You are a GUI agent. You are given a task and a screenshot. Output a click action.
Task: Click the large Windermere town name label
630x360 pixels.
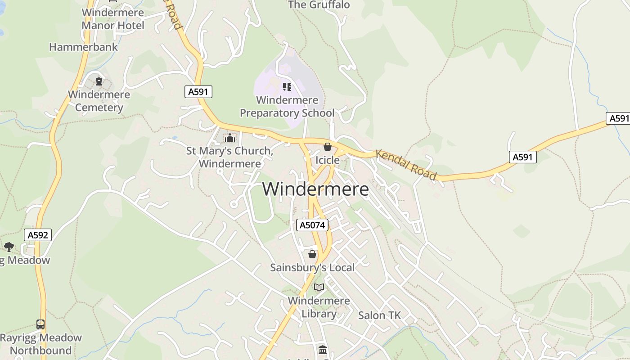click(315, 189)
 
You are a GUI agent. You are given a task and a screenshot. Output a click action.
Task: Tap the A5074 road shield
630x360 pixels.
click(312, 225)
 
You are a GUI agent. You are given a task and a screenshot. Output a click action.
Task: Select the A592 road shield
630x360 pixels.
click(38, 234)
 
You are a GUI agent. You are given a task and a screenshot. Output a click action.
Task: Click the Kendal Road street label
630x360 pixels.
click(406, 165)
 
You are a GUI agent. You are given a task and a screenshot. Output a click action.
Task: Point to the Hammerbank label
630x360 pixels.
click(83, 47)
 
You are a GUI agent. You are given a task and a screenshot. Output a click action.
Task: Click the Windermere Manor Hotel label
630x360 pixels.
click(112, 19)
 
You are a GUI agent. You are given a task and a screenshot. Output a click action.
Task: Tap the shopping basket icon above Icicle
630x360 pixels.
click(328, 147)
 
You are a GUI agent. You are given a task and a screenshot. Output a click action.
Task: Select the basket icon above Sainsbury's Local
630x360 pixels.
click(312, 255)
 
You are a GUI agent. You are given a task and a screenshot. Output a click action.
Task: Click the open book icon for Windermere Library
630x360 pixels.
click(319, 287)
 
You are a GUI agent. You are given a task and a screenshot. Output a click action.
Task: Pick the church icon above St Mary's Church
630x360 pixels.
click(230, 138)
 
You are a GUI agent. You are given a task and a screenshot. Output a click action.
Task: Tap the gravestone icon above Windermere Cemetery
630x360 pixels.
click(99, 81)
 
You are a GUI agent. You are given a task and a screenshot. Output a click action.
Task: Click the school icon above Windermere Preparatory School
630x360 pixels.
click(287, 86)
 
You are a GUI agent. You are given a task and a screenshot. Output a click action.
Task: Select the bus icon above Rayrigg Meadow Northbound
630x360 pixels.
click(40, 324)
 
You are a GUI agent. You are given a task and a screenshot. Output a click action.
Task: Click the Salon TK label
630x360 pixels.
click(379, 315)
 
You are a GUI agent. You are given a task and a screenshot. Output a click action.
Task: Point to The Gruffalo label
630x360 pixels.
click(319, 5)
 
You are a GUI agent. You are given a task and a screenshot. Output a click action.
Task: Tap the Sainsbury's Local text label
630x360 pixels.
click(312, 267)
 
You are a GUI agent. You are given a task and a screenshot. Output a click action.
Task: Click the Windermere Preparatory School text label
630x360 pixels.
click(287, 106)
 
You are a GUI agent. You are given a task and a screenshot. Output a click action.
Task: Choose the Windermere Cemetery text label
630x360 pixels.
click(99, 101)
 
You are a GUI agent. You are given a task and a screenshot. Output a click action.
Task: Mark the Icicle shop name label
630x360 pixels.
click(328, 160)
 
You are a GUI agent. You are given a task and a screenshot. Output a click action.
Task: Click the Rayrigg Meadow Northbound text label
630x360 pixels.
click(40, 344)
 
